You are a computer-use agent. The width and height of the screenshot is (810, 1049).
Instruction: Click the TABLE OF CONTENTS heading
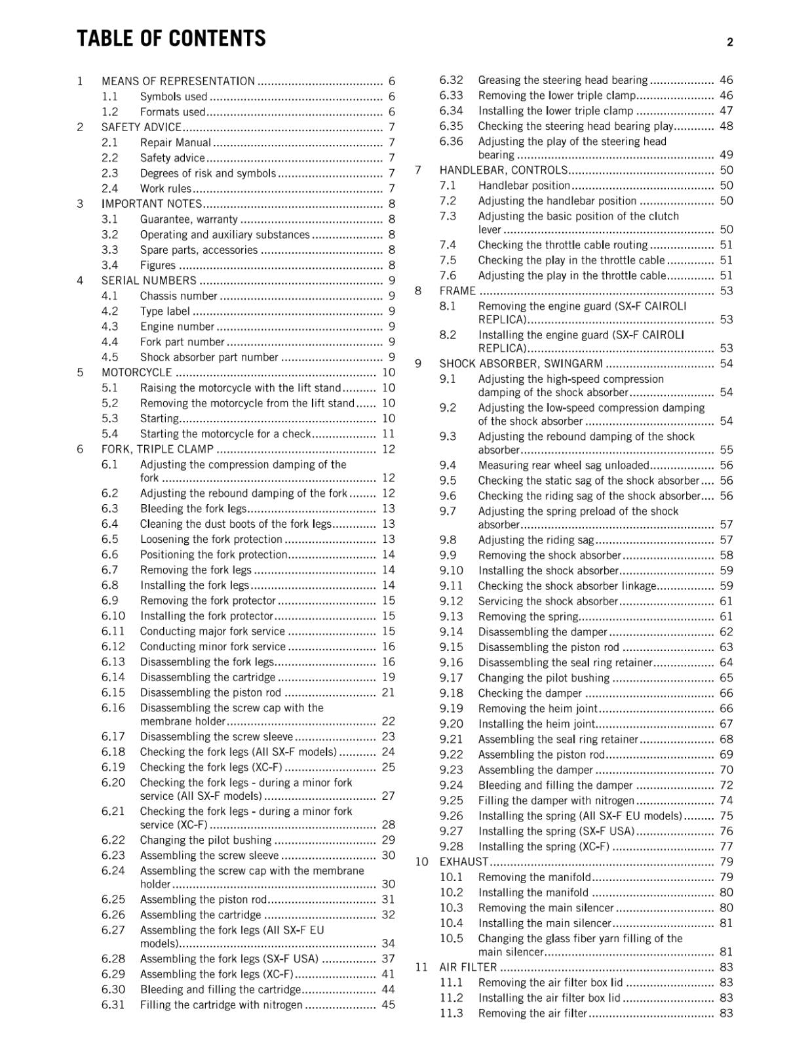171,39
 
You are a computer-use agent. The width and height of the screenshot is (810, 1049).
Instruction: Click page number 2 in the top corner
729,43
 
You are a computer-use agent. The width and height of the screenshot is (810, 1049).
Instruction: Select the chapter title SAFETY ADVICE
141,127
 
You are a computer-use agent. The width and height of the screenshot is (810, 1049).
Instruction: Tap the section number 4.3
110,327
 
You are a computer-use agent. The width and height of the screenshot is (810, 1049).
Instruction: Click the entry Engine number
177,327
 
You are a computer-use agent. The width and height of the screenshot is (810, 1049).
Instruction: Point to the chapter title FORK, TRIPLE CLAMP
157,449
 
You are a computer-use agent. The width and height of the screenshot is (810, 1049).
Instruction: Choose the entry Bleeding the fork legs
193,509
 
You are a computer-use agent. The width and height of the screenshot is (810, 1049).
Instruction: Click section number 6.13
113,662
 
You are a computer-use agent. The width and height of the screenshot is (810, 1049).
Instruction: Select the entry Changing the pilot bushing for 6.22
205,840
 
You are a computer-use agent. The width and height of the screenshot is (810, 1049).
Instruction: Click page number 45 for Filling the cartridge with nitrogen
388,1004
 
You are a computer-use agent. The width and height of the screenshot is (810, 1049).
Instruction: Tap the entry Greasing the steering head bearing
562,80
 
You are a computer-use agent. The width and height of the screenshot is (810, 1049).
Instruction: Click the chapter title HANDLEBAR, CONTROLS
503,170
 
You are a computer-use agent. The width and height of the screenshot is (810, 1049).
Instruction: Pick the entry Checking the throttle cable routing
562,245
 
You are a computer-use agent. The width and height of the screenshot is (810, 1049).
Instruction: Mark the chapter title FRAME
457,291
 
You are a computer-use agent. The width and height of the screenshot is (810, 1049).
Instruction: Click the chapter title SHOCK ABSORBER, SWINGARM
520,364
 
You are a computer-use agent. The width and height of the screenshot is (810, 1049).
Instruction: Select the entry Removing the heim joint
537,709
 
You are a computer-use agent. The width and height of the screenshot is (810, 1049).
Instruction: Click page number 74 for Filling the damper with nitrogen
726,801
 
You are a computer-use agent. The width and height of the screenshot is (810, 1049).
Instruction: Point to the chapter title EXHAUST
463,861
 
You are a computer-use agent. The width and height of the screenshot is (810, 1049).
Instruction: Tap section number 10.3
451,908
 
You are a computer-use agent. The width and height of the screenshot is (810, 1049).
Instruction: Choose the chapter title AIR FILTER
468,967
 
